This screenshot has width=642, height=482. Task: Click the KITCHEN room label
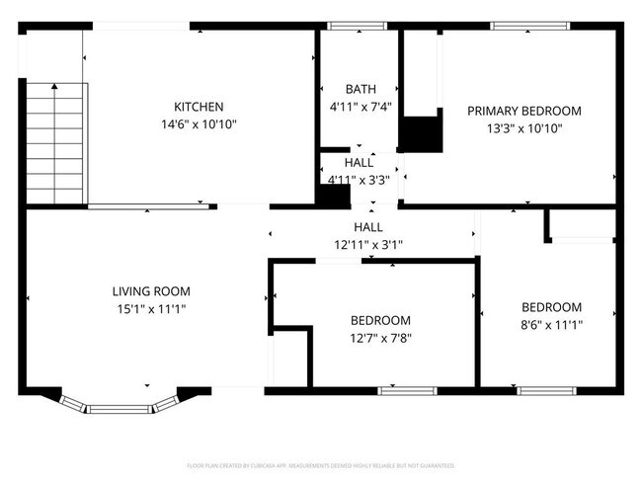199,107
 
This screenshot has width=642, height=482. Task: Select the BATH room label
360,89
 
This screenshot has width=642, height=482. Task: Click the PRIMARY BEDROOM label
523,111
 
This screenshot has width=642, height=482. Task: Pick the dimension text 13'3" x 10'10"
523,127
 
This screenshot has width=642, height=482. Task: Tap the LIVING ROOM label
150,291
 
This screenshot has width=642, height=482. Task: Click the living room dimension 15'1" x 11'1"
150,308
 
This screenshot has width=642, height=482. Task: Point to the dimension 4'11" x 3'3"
360,179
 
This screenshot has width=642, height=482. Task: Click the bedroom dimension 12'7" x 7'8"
380,337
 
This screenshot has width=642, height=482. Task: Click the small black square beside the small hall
336,195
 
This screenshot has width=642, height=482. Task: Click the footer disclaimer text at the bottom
321,464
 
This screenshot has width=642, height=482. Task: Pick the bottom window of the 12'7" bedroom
408,391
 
